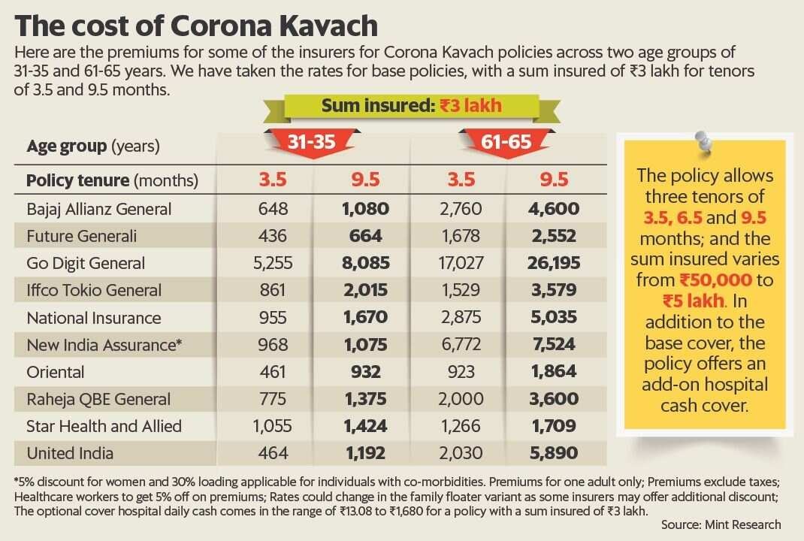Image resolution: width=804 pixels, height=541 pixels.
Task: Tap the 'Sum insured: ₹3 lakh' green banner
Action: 411,105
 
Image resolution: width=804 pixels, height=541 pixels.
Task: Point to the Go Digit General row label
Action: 86,264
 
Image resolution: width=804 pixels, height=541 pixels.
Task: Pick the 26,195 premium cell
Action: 557,264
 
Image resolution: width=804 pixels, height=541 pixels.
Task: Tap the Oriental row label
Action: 56,372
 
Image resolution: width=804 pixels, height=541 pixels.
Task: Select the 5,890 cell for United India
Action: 557,453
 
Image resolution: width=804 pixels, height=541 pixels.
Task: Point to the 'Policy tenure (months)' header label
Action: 112,181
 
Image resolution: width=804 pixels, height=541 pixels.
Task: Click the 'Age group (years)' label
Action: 93,146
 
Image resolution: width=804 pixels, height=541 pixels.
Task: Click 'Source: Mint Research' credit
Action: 721,524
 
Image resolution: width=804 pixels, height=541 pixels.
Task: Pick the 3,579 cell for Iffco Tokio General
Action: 557,291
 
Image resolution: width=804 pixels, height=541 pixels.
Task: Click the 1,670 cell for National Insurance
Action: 365,318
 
